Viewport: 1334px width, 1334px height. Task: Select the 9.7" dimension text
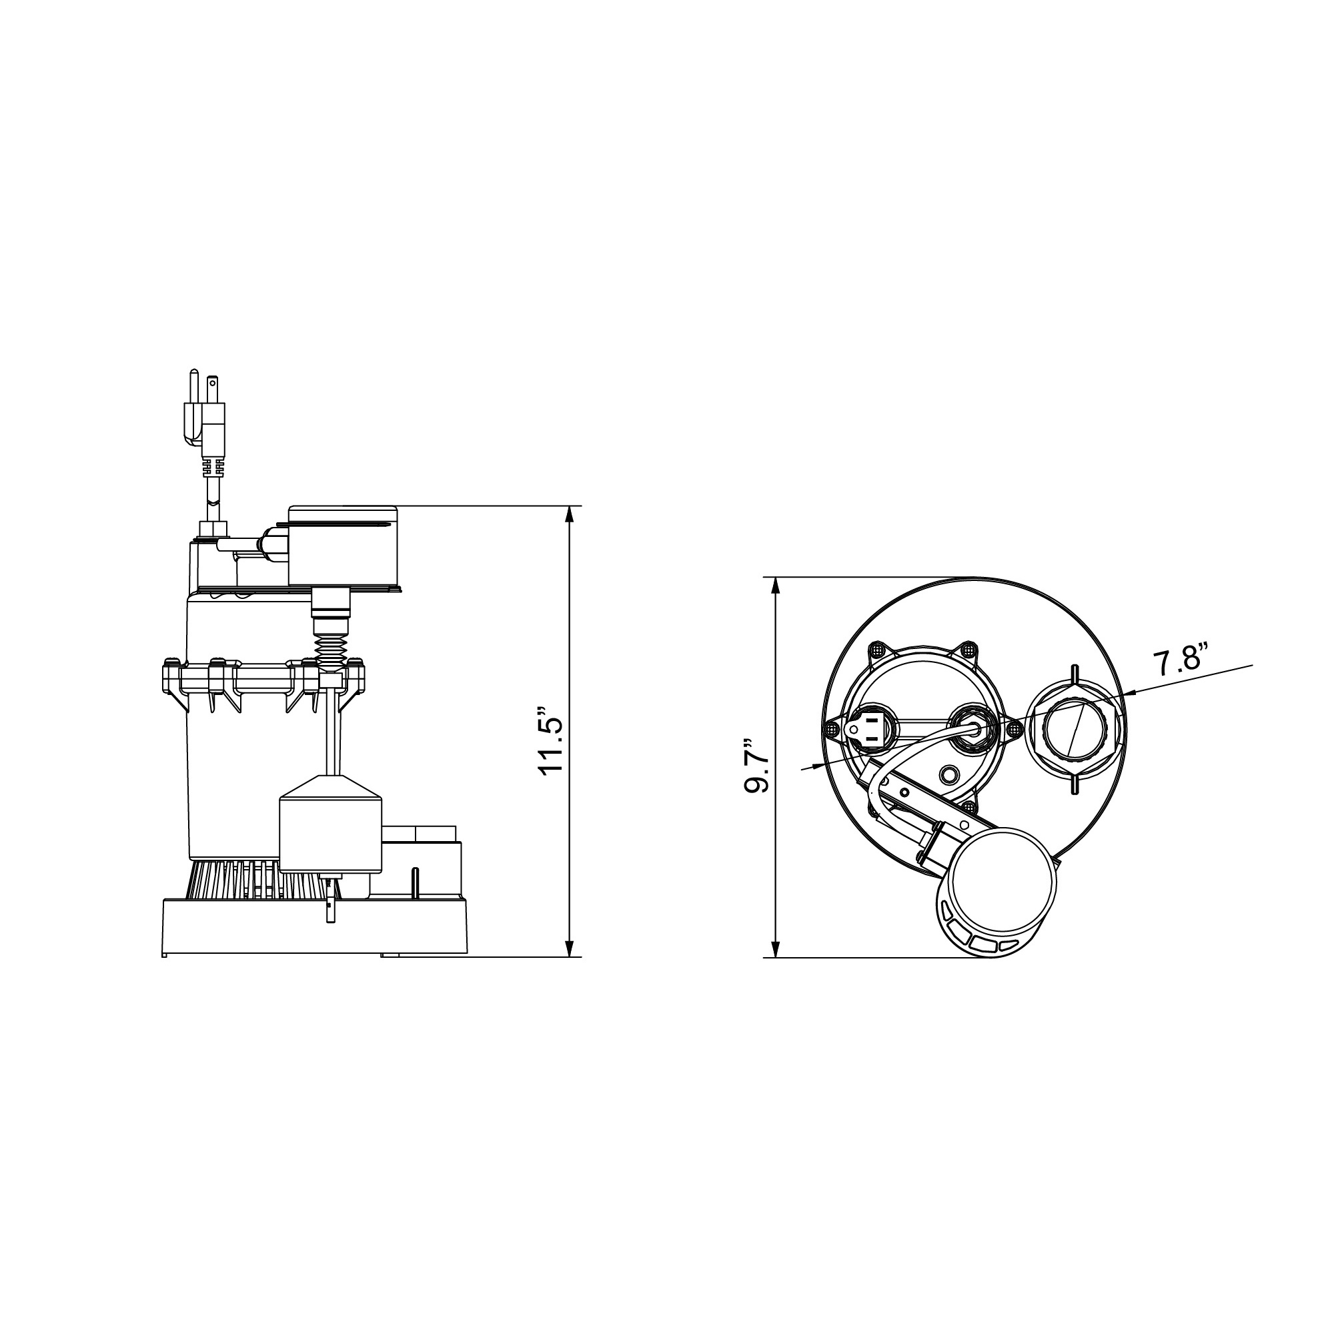pyautogui.click(x=758, y=767)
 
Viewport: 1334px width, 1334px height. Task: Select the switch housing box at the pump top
pyautogui.click(x=344, y=545)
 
